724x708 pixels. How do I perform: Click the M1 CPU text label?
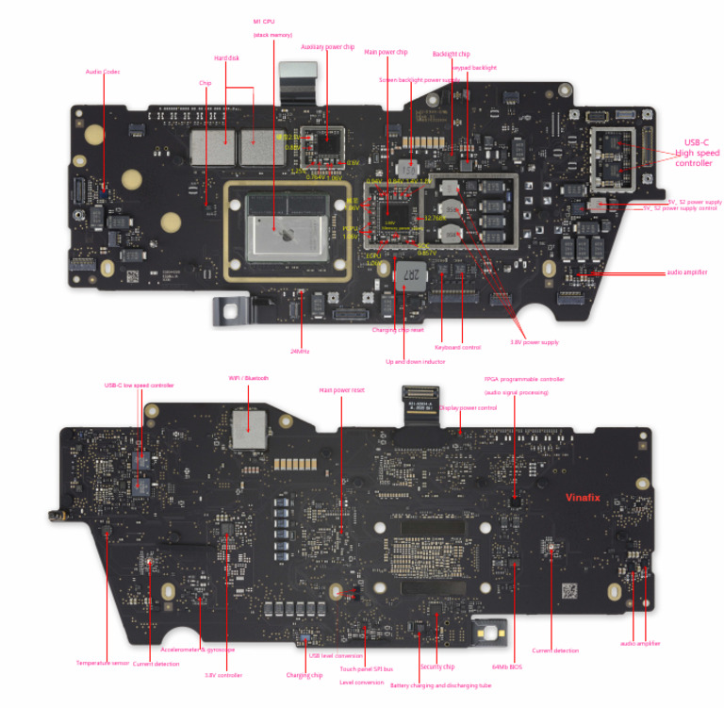click(264, 21)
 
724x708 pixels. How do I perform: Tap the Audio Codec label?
click(103, 72)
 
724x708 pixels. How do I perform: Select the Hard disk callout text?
click(226, 58)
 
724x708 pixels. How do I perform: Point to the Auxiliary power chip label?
click(327, 46)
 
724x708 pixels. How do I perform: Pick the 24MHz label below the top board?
click(301, 352)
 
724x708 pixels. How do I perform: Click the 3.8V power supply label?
click(535, 342)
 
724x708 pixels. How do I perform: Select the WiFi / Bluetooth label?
click(249, 378)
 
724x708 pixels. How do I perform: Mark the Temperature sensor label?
click(102, 663)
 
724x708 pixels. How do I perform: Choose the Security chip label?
click(437, 667)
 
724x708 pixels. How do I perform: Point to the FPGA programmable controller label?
click(524, 379)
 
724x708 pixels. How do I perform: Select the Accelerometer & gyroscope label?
click(198, 650)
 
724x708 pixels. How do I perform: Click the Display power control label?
click(469, 408)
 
